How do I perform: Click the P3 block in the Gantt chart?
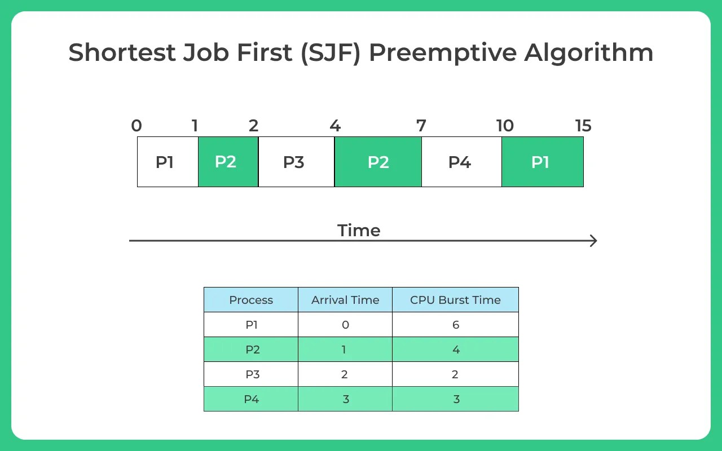pyautogui.click(x=296, y=162)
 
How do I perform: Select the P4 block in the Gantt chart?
pyautogui.click(x=461, y=162)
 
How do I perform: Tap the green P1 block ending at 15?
pyautogui.click(x=543, y=162)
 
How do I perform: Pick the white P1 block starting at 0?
pyautogui.click(x=168, y=162)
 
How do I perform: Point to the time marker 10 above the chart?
pyautogui.click(x=505, y=126)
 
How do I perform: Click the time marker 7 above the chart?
pyautogui.click(x=421, y=126)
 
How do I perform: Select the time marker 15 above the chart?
pyautogui.click(x=583, y=126)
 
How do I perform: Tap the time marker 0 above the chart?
pyautogui.click(x=137, y=126)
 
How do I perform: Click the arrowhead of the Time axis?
pyautogui.click(x=594, y=241)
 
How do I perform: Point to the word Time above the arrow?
pyautogui.click(x=359, y=231)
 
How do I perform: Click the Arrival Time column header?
pyautogui.click(x=345, y=300)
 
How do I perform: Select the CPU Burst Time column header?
pyautogui.click(x=455, y=300)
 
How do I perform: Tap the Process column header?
pyautogui.click(x=251, y=300)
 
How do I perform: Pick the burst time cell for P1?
pyautogui.click(x=455, y=325)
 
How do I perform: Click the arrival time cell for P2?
pyautogui.click(x=345, y=350)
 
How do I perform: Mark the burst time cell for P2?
pyautogui.click(x=455, y=350)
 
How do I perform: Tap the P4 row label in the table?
pyautogui.click(x=252, y=399)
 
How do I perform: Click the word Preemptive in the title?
pyautogui.click(x=443, y=53)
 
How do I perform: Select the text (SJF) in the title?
pyautogui.click(x=331, y=53)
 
